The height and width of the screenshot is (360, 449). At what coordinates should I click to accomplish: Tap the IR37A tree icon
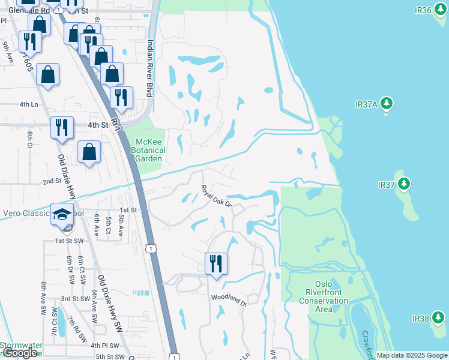(x=387, y=104)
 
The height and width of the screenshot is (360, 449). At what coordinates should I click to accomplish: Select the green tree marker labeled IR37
(x=405, y=184)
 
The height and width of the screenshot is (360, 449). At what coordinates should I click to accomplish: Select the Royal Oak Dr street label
(x=217, y=196)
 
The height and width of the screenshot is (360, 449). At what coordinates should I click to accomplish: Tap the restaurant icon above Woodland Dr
(x=215, y=263)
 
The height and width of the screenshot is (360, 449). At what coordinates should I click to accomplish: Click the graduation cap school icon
(x=62, y=215)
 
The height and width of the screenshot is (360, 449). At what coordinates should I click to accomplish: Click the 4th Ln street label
(x=29, y=104)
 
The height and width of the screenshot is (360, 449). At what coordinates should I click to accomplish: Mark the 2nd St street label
(x=52, y=181)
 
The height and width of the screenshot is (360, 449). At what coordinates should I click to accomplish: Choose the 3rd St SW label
(x=76, y=298)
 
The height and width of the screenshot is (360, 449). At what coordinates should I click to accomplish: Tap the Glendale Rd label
(x=17, y=10)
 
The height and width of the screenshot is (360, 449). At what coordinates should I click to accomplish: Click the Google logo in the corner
(x=20, y=353)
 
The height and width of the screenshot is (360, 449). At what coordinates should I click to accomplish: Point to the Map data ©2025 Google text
(x=411, y=355)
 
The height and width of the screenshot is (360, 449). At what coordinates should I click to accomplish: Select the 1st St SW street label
(x=68, y=240)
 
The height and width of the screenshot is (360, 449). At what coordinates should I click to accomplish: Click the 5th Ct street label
(x=109, y=226)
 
